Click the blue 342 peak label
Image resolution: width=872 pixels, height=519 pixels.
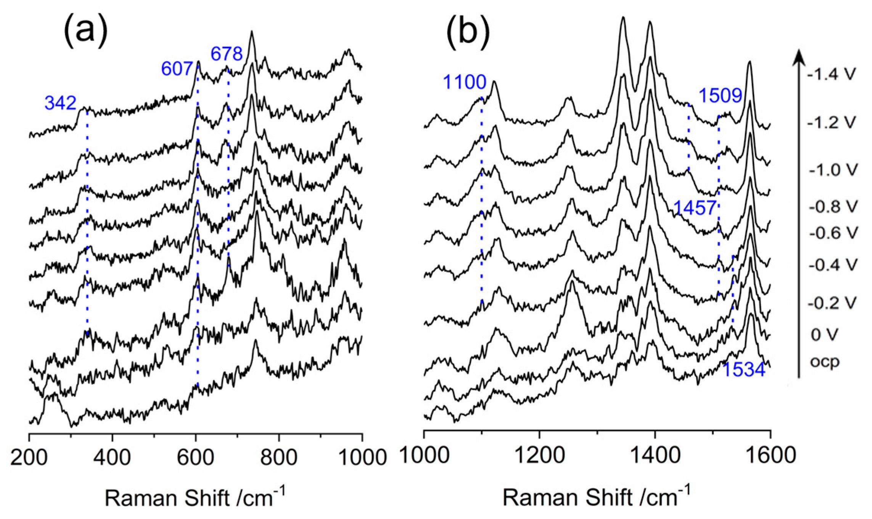click(60, 103)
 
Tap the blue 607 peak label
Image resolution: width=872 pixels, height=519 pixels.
click(177, 69)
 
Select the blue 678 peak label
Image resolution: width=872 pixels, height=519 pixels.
click(227, 54)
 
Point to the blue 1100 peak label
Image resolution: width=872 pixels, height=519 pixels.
click(464, 82)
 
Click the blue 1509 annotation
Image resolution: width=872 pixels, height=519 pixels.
click(720, 95)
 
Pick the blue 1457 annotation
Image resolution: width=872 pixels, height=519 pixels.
click(695, 208)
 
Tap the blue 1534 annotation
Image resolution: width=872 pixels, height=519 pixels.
click(744, 370)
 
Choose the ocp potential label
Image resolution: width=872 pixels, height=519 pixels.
click(825, 362)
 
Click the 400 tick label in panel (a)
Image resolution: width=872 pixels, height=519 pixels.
click(112, 457)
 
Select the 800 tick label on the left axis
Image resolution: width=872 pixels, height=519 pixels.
click(279, 457)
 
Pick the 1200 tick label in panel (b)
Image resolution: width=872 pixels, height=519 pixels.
click(539, 455)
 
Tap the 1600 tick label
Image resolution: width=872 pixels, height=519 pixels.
click(771, 455)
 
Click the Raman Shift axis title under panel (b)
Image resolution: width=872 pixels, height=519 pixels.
click(596, 497)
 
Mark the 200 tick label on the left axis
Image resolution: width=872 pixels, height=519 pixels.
click(29, 457)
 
